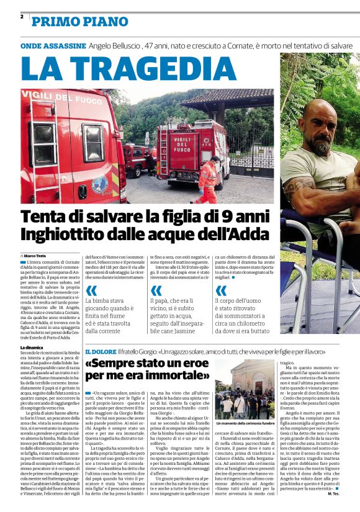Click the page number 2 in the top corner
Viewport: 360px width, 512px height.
(22, 17)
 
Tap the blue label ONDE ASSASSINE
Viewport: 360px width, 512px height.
(53, 46)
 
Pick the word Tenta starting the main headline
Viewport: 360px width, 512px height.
(45, 217)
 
